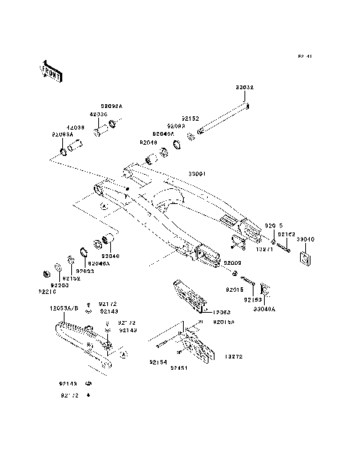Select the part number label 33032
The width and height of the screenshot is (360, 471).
(245, 88)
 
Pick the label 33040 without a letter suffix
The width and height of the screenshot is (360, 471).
(306, 239)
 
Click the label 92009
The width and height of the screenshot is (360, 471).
(232, 264)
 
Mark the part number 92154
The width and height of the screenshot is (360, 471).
(157, 362)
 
